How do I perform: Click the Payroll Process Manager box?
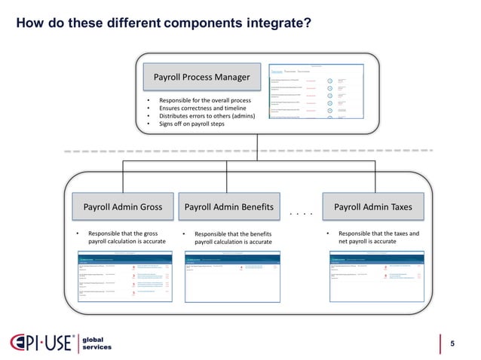(x=203, y=78)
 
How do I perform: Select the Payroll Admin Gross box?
(x=122, y=206)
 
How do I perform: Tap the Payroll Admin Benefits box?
(x=228, y=206)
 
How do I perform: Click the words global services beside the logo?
(x=97, y=343)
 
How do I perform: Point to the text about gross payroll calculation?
(x=126, y=237)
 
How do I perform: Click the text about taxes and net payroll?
(x=378, y=237)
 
